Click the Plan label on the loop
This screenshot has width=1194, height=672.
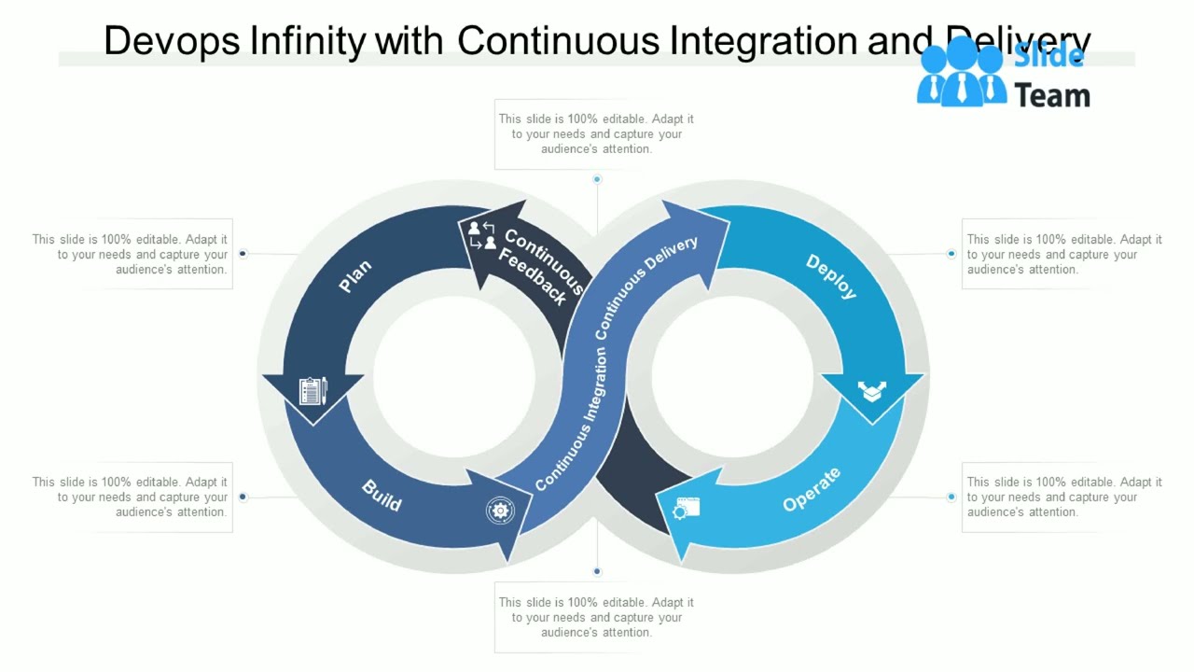click(x=355, y=276)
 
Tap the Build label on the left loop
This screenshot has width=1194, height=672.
click(x=382, y=496)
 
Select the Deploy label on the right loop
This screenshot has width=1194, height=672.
click(x=831, y=276)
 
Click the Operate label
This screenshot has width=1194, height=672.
click(x=812, y=489)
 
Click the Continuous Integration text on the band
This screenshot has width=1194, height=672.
click(x=571, y=420)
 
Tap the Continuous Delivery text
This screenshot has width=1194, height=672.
click(x=646, y=287)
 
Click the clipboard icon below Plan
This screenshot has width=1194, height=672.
click(x=312, y=391)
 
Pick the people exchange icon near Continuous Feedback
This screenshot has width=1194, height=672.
click(x=482, y=235)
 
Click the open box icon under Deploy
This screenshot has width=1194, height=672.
click(x=872, y=391)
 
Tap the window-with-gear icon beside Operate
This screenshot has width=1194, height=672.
click(x=687, y=509)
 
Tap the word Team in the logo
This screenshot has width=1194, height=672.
click(x=1052, y=95)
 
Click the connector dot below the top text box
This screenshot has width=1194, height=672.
click(x=597, y=179)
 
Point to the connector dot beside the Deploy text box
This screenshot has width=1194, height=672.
click(x=951, y=254)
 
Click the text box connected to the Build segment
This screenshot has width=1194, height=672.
click(x=130, y=497)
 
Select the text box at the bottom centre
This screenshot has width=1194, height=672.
click(x=596, y=617)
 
